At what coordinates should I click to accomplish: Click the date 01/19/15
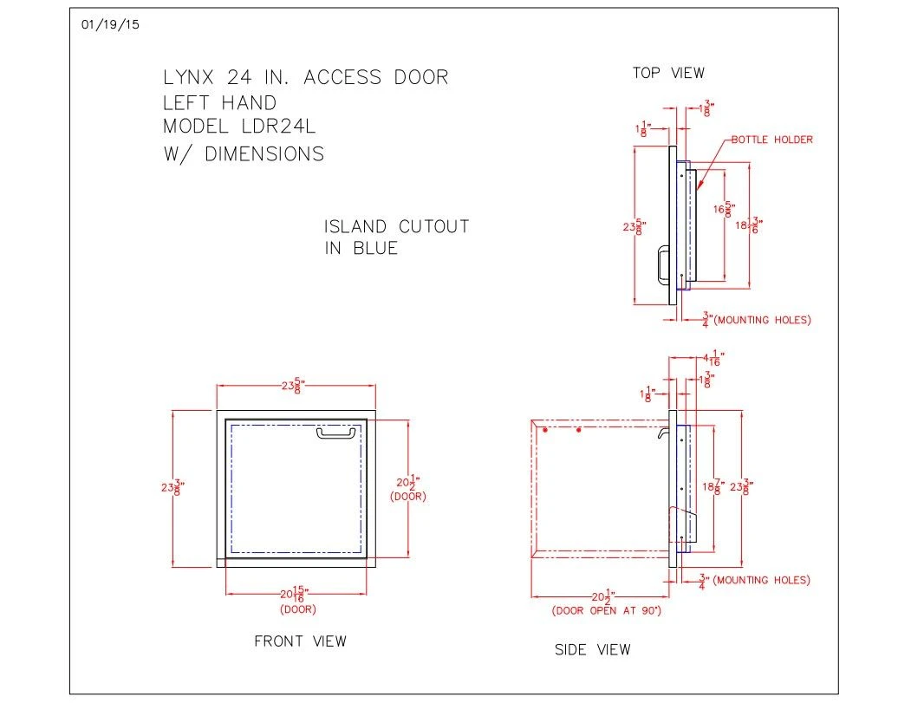(109, 24)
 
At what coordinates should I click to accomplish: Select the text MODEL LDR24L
(240, 126)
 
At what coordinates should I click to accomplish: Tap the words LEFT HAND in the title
(219, 102)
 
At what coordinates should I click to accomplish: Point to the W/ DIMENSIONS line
(244, 154)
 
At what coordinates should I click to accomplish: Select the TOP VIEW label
(668, 74)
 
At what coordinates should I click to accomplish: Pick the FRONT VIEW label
(300, 641)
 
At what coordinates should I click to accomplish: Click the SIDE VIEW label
(593, 649)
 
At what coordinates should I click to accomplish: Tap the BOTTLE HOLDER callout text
(772, 140)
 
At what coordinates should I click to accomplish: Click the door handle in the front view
(338, 432)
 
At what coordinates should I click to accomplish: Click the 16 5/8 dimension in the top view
(722, 209)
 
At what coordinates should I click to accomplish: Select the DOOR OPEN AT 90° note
(607, 611)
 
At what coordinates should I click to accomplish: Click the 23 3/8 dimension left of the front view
(170, 487)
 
